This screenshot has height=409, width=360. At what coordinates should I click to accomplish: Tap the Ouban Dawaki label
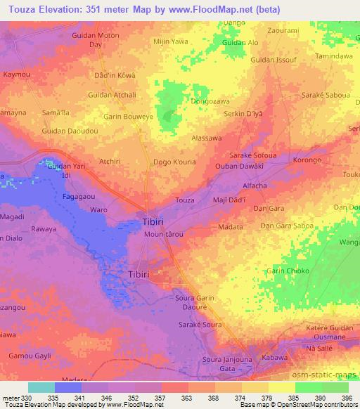point(239,166)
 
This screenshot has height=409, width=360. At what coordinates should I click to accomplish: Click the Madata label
point(231,227)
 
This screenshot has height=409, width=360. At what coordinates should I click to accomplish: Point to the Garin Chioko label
point(287,271)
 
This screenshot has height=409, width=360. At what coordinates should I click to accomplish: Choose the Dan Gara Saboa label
point(287,226)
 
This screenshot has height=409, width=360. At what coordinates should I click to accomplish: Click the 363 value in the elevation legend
point(174,398)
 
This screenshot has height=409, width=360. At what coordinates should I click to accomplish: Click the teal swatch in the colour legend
point(41,387)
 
